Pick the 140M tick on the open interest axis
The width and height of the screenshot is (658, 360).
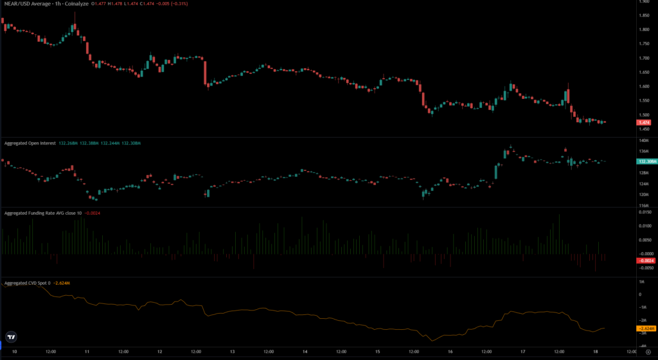click(x=643, y=140)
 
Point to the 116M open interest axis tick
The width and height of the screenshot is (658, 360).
click(x=643, y=205)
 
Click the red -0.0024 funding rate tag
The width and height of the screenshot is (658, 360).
click(x=645, y=260)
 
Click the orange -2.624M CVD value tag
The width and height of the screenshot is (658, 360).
click(x=645, y=328)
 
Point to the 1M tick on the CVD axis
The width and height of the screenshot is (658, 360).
click(x=641, y=282)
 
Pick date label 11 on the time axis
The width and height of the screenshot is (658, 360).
click(x=87, y=352)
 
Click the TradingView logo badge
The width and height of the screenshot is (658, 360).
click(x=11, y=336)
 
